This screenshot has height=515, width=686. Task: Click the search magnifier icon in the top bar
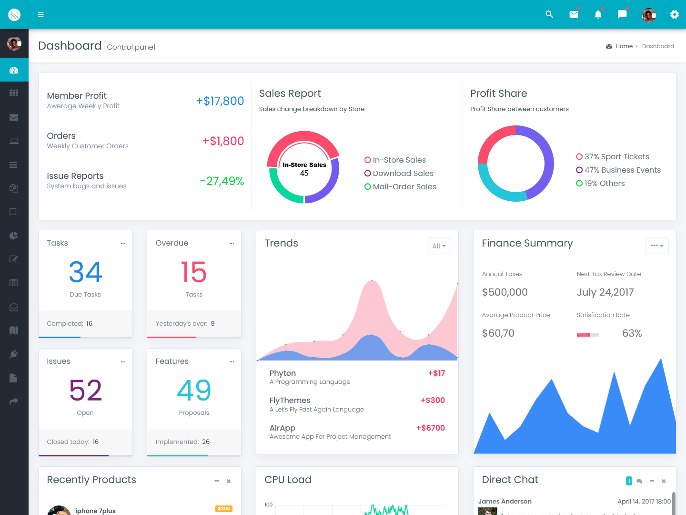coord(549,14)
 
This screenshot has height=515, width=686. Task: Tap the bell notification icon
coord(598,14)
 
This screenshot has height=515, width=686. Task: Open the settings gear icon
coord(674,14)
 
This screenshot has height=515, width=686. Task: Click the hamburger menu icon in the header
coord(41,14)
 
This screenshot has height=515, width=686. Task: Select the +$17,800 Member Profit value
coord(220,101)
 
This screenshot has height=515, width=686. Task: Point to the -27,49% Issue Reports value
coord(222,181)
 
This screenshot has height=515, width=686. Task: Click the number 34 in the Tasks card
coord(85,272)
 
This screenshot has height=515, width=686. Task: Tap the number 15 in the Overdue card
coord(194,272)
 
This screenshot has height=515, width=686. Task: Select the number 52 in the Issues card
coord(85,391)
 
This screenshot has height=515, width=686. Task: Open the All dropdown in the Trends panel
coord(439,246)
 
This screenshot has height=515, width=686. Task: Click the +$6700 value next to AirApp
coord(431,428)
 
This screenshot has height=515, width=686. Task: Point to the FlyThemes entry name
coord(290,401)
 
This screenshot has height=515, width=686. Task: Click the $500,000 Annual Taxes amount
coord(504,292)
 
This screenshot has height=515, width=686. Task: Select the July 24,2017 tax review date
coord(605,292)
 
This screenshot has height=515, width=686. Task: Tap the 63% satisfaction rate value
coord(632,333)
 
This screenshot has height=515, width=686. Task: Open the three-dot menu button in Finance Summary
coord(657,246)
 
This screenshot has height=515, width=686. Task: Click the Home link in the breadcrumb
coord(624,46)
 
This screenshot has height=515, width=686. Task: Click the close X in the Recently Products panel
coord(229,481)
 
